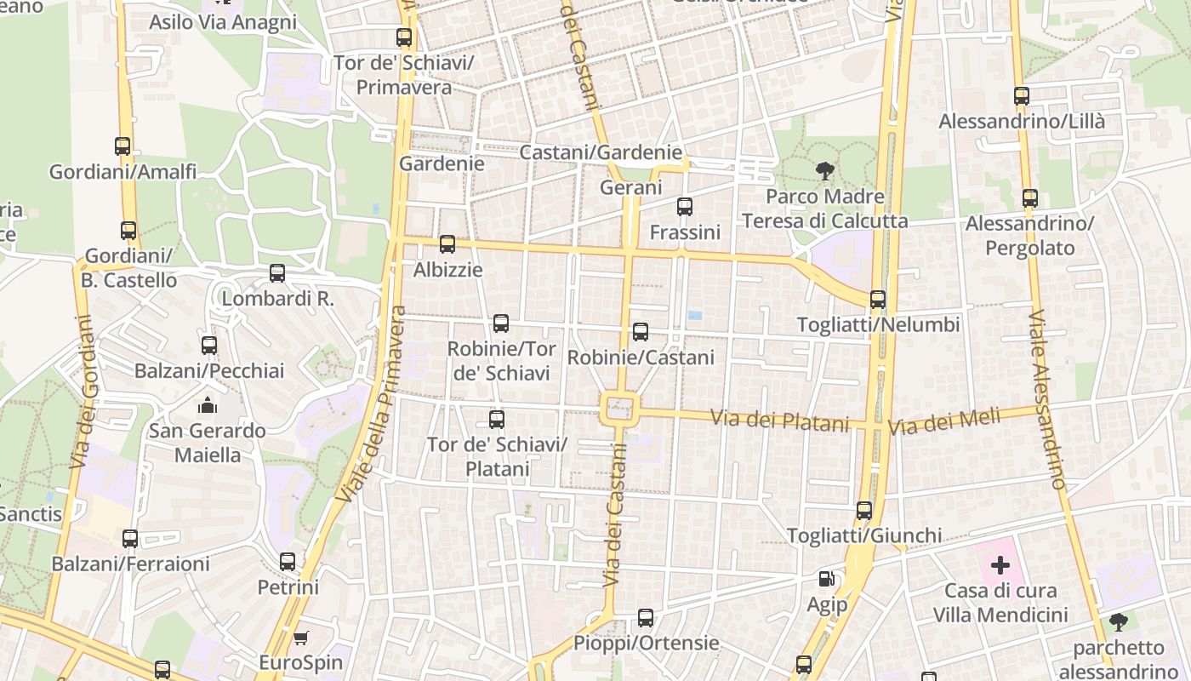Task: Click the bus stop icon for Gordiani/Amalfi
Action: (x=123, y=146)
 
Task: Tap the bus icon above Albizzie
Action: (x=447, y=245)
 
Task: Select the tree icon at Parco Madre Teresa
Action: (x=824, y=171)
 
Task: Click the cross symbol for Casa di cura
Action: (x=1000, y=564)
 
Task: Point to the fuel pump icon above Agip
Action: (x=826, y=579)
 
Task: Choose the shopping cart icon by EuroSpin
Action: (x=300, y=638)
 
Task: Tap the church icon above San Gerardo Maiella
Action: (x=208, y=405)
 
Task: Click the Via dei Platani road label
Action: (x=780, y=420)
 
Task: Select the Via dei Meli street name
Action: (x=944, y=421)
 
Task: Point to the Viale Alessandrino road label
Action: (x=1046, y=398)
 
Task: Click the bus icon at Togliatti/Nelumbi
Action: (x=878, y=300)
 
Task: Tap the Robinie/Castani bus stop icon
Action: (x=641, y=332)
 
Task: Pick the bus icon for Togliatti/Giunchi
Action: (x=864, y=511)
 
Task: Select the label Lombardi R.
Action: (x=277, y=299)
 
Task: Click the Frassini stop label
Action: (x=685, y=232)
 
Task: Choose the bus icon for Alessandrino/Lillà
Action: (x=1022, y=96)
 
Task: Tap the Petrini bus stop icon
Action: (x=288, y=562)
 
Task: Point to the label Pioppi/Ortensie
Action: (x=647, y=643)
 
